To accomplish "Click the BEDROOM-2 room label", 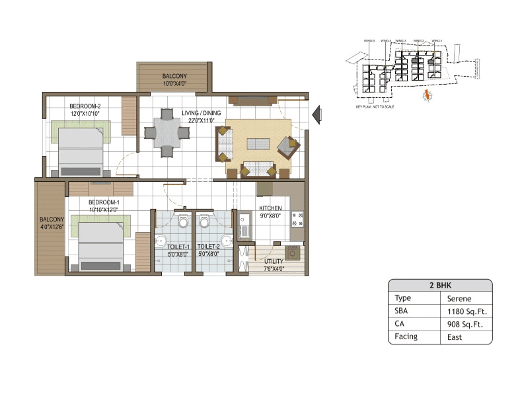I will [x=85, y=106].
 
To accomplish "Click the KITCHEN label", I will [x=270, y=208].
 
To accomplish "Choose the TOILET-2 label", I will [x=208, y=246].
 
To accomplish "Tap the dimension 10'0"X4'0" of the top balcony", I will [x=175, y=84].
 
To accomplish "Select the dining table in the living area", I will [x=167, y=133].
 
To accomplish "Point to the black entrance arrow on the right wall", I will [x=318, y=114].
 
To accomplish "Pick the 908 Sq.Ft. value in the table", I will [x=464, y=324].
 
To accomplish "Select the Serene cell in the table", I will [x=459, y=298].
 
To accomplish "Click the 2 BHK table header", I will [x=439, y=286].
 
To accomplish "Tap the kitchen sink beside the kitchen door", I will [x=244, y=225].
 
